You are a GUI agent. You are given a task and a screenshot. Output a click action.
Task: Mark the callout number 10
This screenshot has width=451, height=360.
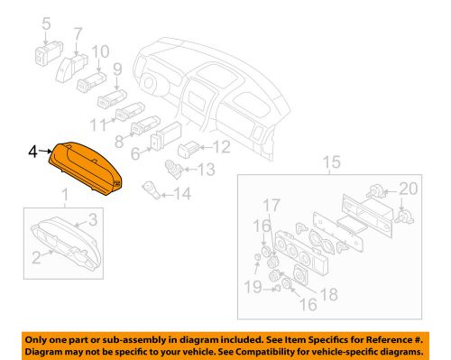(100, 51)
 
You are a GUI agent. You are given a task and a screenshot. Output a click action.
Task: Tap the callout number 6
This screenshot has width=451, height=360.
(135, 155)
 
